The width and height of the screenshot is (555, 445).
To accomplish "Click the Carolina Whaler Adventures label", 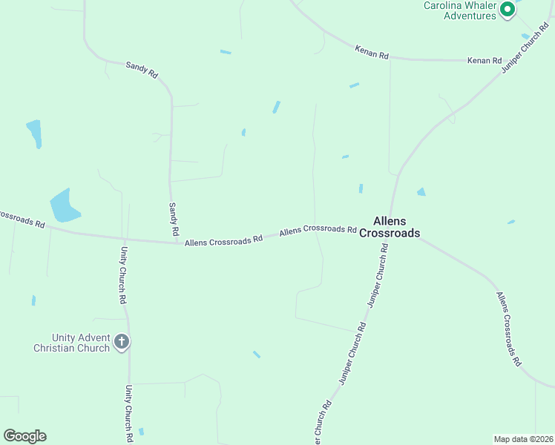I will click(x=459, y=10).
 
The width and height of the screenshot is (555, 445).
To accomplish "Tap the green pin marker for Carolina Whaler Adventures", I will click(x=508, y=10).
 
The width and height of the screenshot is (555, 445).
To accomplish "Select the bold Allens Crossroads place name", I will click(x=390, y=227).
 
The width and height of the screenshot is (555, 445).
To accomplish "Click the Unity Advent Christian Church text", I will click(x=71, y=343).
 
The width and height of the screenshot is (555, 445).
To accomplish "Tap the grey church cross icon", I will click(x=122, y=343).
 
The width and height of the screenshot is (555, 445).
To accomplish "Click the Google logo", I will click(x=24, y=436).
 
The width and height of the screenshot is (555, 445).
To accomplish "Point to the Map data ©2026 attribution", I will click(x=523, y=438).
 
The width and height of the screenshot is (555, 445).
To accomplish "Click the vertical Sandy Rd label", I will click(x=174, y=220).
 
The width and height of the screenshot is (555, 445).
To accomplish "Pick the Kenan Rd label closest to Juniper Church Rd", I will click(x=485, y=60).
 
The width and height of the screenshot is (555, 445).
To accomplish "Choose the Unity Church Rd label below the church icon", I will click(x=128, y=409).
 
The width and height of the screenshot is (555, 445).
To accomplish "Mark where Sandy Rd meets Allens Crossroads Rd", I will click(x=175, y=242).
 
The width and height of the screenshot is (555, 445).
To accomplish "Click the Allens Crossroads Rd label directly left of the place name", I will click(x=318, y=230).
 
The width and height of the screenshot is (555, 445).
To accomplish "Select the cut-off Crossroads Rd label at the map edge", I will click(x=22, y=218).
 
